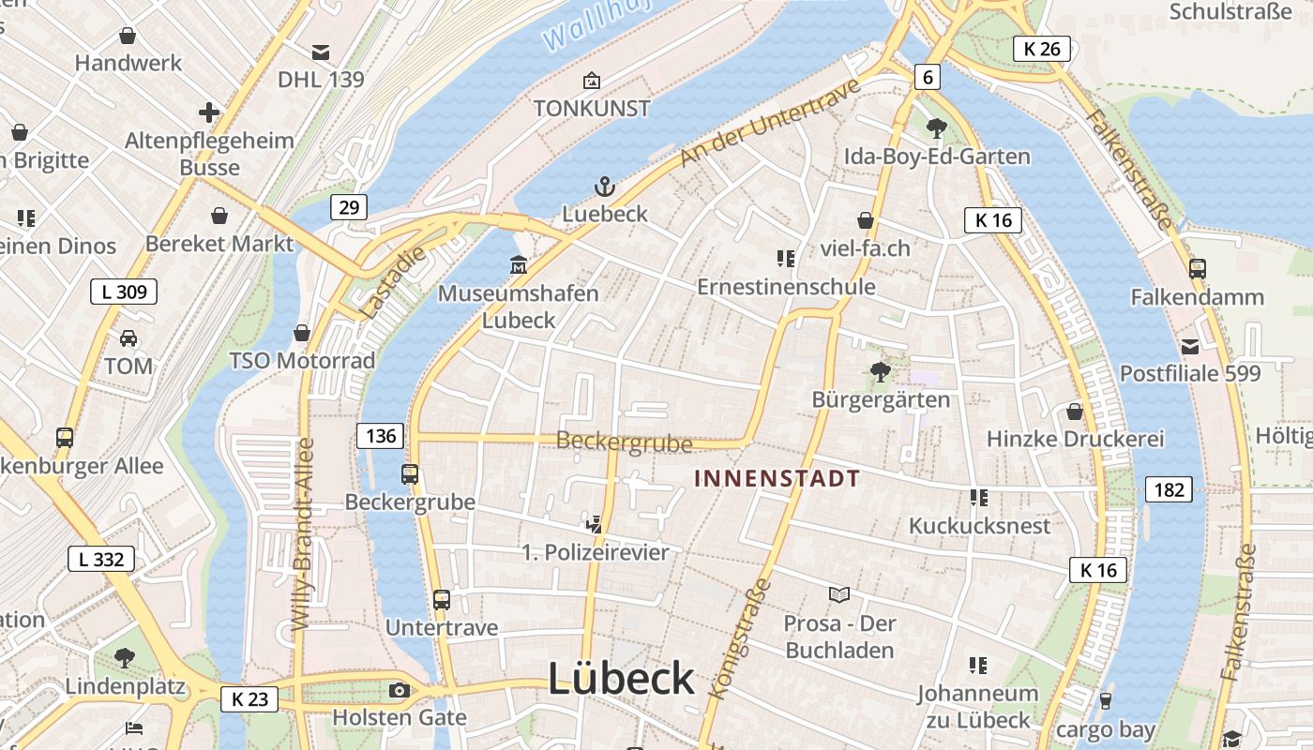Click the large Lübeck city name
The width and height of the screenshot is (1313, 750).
pos(621,678)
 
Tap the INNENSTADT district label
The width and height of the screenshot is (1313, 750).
pos(777,478)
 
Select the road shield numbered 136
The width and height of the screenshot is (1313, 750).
pos(380,435)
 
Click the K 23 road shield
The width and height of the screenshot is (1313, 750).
pos(250,698)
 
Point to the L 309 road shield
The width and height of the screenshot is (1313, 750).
pos(124,292)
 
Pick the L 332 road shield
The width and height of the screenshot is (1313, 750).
pos(101,560)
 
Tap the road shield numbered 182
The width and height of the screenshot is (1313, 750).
pos(1169,488)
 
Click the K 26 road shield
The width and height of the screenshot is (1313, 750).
pos(1042,49)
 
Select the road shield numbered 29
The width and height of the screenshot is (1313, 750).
pos(348,207)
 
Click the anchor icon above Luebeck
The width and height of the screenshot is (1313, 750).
pos(605,186)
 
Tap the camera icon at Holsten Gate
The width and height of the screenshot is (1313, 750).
pos(399,691)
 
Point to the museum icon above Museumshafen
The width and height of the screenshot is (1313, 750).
pos(518,265)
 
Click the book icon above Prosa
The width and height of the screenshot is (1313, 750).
pos(839,594)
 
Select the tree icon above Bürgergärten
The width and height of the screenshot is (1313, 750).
pos(880,371)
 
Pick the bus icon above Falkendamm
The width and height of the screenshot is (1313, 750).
pos(1197,268)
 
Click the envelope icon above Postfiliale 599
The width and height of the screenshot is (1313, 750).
pos(1190,346)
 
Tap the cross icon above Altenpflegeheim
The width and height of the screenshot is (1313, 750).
pos(209,113)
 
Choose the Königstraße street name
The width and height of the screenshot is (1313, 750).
pos(737,638)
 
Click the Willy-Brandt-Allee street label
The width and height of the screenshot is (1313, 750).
pos(303,547)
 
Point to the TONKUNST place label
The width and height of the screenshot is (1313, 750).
pos(592,108)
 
